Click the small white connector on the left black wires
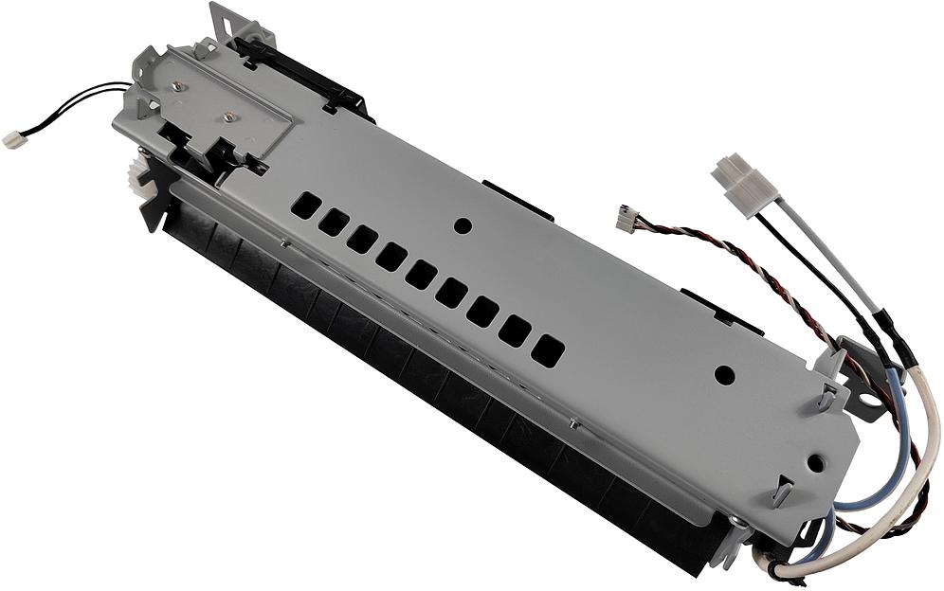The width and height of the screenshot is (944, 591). pyautogui.click(x=15, y=139)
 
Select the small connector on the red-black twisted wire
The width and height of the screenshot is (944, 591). pyautogui.click(x=626, y=216)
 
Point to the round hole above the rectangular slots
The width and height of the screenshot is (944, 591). pyautogui.click(x=463, y=226)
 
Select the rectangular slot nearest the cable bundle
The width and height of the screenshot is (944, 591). pyautogui.click(x=547, y=351)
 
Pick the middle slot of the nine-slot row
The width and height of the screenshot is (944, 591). pyautogui.click(x=421, y=276)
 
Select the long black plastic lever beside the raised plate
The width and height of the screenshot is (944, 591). pyautogui.click(x=303, y=74)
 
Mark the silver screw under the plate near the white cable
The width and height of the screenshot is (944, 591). pyautogui.click(x=736, y=523)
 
